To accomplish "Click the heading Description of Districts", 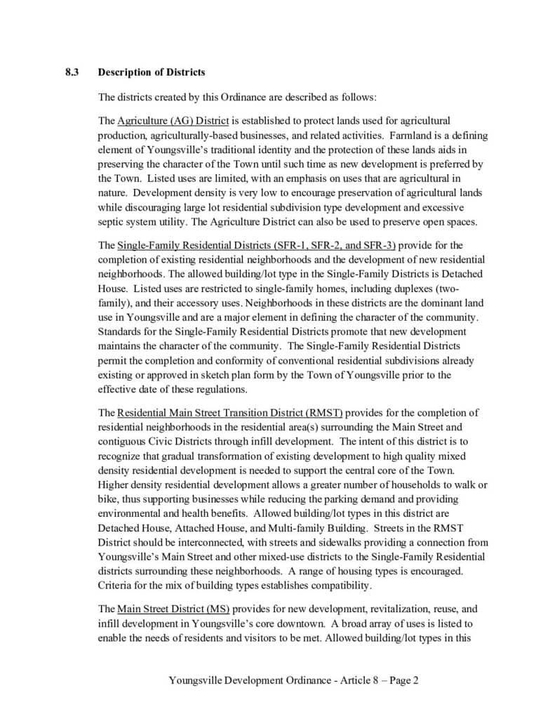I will point(152,72).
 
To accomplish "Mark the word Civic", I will point(168,442).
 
